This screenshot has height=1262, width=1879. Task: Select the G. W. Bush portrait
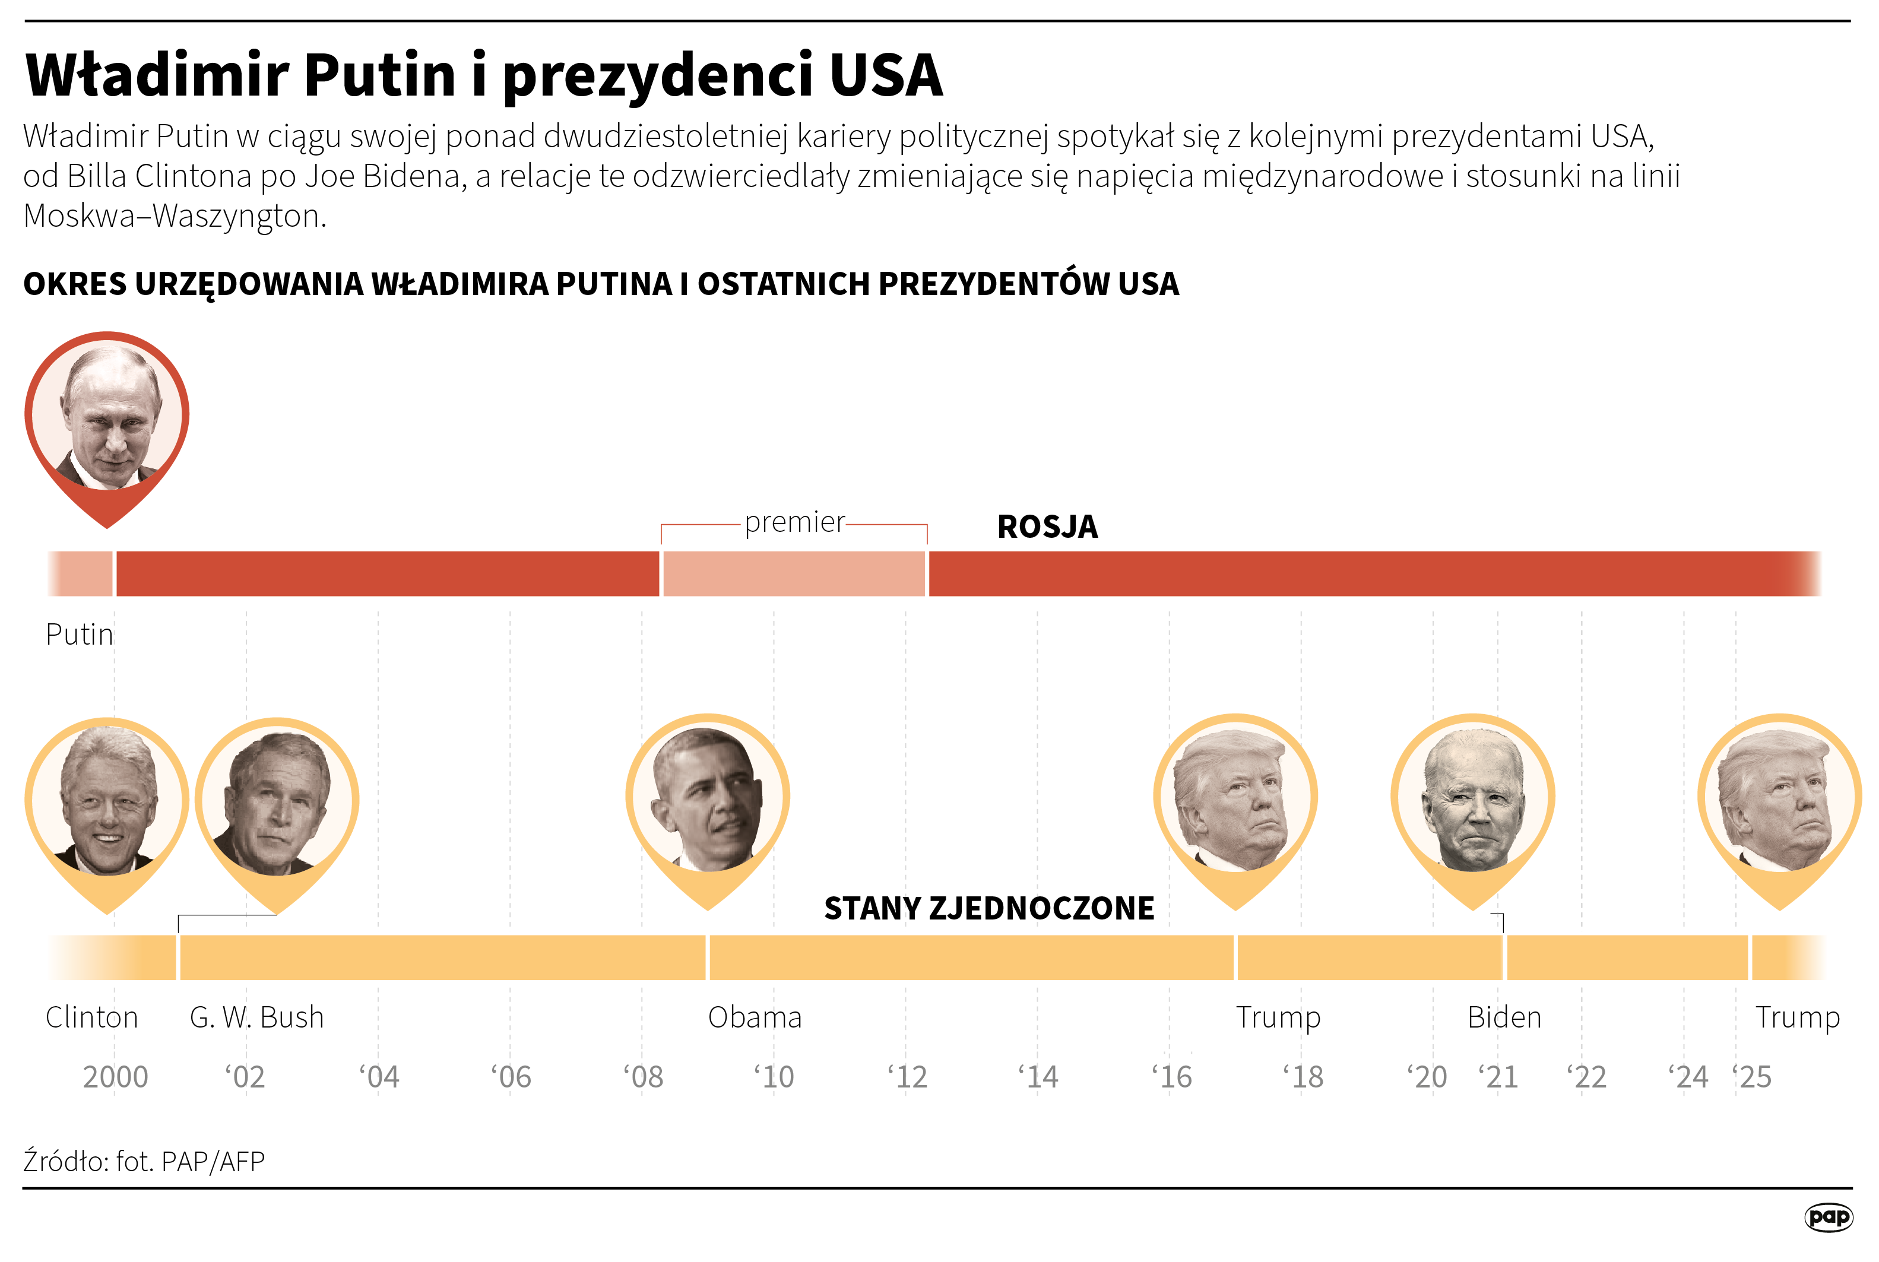click(277, 801)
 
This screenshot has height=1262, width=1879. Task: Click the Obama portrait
click(707, 798)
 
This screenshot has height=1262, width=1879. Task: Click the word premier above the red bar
click(794, 522)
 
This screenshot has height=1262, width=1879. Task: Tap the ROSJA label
click(1047, 527)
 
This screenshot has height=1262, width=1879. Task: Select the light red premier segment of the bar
click(793, 574)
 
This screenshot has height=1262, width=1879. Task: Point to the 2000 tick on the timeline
click(115, 1077)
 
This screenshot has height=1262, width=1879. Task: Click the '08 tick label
click(643, 1077)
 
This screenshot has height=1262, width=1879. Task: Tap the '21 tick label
click(1498, 1077)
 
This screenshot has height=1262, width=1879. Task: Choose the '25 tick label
click(1752, 1077)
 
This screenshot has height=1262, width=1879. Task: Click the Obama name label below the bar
click(754, 1017)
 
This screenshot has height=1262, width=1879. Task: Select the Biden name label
click(1504, 1017)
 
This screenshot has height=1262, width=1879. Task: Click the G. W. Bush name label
click(256, 1017)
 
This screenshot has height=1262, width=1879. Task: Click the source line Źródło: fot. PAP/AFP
click(144, 1162)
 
